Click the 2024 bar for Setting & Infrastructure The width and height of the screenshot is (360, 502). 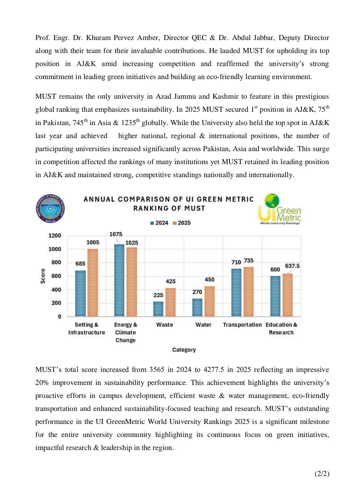(x=80, y=293)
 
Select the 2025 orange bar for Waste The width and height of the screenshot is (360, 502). (x=170, y=302)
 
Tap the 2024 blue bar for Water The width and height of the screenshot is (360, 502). (x=197, y=307)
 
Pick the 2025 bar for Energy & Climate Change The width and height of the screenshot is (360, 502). (x=132, y=282)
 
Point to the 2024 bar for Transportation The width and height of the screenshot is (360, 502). (x=236, y=292)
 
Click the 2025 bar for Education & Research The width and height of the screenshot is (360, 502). (x=288, y=295)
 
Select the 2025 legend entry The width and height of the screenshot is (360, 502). (x=182, y=223)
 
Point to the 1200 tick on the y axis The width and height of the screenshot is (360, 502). (x=55, y=235)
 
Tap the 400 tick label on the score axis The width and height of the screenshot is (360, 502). (x=56, y=290)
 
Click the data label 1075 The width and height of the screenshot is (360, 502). (x=116, y=234)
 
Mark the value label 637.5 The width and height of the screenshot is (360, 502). (x=292, y=266)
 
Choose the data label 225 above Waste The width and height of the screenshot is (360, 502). (x=158, y=295)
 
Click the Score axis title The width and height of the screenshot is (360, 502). (x=43, y=276)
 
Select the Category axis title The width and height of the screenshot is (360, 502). (x=184, y=350)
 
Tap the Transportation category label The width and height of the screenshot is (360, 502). (x=242, y=325)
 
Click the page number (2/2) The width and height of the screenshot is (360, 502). (x=322, y=473)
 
